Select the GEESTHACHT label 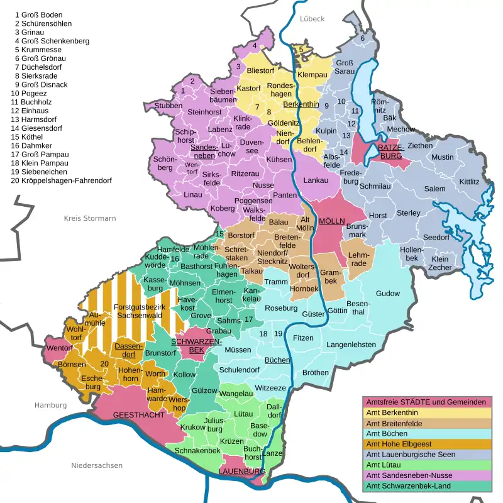[x=139, y=416]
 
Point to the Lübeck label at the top [x=312, y=19]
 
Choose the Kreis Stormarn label [x=90, y=218]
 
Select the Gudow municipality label [x=387, y=294]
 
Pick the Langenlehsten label [x=351, y=345]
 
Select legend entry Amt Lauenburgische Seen [x=418, y=454]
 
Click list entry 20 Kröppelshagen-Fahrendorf [x=61, y=180]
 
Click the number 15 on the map [x=219, y=234]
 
